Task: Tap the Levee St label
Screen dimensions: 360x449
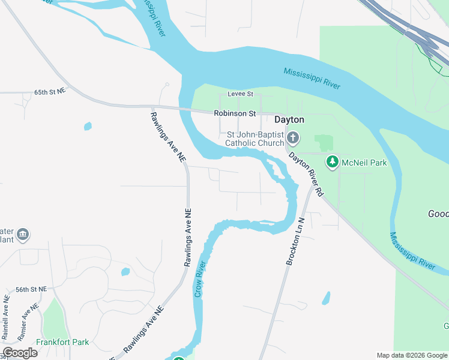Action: tap(241, 94)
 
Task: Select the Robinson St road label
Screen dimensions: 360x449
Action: tap(235, 113)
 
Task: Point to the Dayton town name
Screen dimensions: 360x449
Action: tap(290, 119)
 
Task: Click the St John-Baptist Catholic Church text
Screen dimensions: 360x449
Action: tap(255, 139)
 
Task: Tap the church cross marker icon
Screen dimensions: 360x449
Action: tap(293, 139)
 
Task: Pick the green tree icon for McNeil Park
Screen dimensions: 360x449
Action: tap(332, 161)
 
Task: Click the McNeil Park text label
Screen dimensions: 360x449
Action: tap(364, 162)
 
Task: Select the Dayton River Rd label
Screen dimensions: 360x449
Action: tap(307, 174)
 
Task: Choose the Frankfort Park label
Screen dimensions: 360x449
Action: tap(62, 342)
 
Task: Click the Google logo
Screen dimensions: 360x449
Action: tap(20, 353)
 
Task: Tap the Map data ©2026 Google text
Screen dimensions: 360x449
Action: tap(412, 355)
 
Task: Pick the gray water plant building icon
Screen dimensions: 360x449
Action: tap(23, 234)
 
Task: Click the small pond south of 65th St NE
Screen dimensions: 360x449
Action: tap(88, 127)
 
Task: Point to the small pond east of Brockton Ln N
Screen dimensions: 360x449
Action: tap(326, 298)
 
